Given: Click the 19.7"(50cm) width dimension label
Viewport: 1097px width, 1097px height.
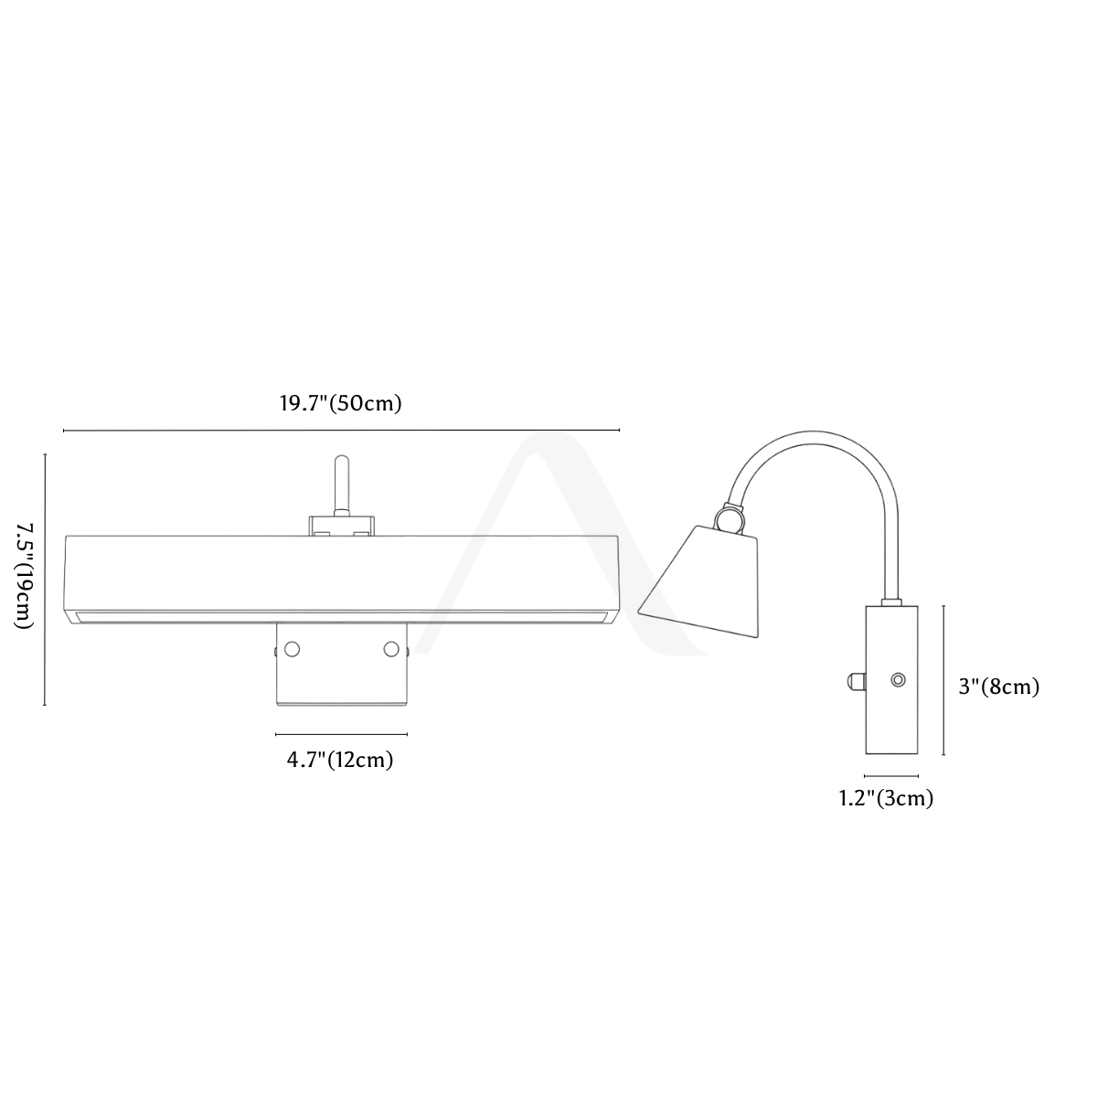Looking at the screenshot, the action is click(340, 403).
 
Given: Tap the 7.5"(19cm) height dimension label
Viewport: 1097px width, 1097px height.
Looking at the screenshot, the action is click(24, 576).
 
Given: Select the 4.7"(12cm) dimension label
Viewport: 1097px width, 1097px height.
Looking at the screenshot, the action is click(340, 760).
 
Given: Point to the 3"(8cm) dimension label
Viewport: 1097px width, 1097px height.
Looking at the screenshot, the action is click(999, 687).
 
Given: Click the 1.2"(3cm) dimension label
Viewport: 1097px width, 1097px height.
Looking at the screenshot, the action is click(887, 798).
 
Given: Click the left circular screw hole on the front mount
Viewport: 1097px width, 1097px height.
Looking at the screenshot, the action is click(292, 649).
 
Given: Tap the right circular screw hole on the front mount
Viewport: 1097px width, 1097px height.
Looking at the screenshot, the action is click(391, 649).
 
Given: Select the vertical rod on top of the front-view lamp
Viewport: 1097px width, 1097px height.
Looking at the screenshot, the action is click(342, 485).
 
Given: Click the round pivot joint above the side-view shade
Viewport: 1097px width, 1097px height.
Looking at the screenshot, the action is click(731, 519).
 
